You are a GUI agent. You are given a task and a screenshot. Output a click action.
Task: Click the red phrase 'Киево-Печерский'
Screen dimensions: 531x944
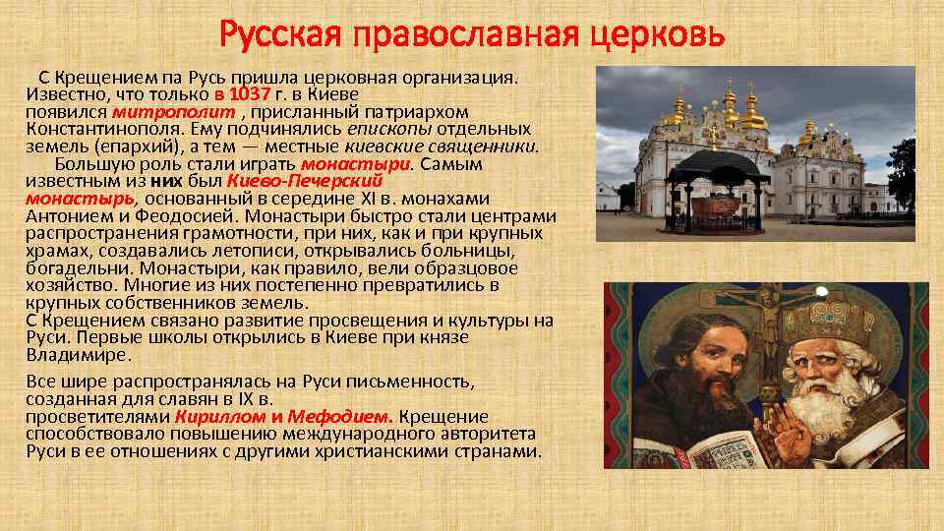point(304,181)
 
